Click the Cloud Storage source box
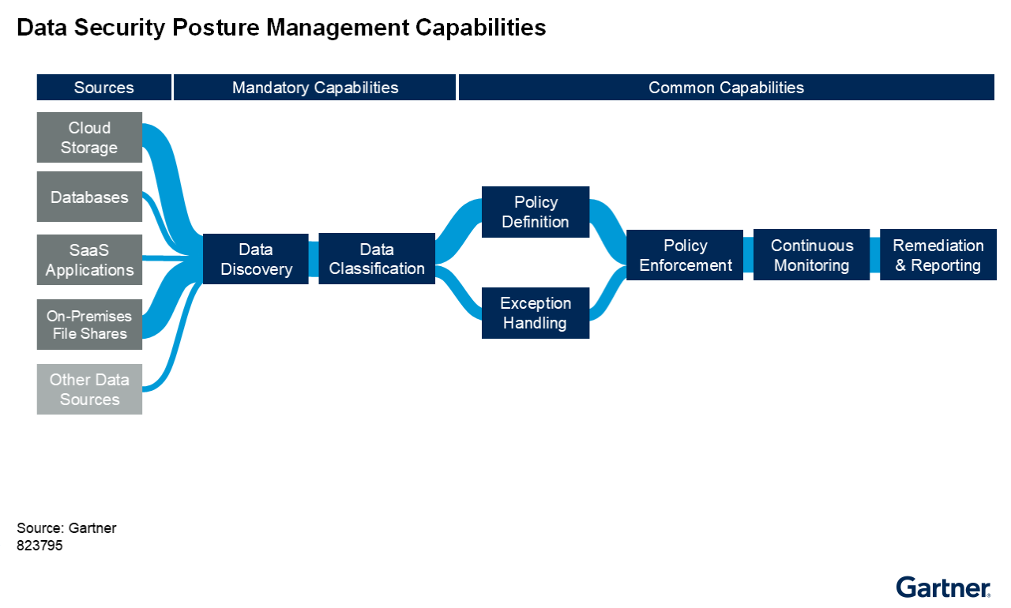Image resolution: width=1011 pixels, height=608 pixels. click(x=89, y=137)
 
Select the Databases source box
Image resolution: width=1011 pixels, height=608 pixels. click(x=89, y=197)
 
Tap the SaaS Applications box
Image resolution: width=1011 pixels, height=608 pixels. click(x=89, y=260)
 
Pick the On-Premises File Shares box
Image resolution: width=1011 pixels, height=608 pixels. click(x=89, y=325)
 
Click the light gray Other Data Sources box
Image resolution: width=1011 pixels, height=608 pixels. click(x=89, y=389)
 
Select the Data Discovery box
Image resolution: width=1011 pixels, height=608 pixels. click(x=256, y=259)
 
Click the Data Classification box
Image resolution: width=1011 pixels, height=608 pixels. click(x=377, y=259)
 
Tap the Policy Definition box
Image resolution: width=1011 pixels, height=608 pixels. click(x=536, y=212)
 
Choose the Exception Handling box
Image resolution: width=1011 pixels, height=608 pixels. click(x=536, y=313)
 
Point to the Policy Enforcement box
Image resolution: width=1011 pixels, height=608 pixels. click(x=685, y=255)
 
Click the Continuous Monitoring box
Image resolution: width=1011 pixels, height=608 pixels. click(x=812, y=255)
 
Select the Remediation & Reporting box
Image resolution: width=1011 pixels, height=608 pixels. click(x=938, y=255)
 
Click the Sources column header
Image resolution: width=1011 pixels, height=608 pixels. click(x=104, y=88)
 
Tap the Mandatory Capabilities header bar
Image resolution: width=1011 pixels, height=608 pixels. click(x=315, y=88)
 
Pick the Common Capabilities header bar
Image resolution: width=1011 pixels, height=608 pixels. click(x=726, y=88)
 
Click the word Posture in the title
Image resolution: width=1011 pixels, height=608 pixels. click(x=217, y=28)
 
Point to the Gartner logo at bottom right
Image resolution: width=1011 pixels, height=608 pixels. click(x=943, y=587)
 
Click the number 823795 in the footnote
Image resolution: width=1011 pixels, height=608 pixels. click(x=39, y=545)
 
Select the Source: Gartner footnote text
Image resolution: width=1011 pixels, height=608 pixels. click(x=66, y=528)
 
